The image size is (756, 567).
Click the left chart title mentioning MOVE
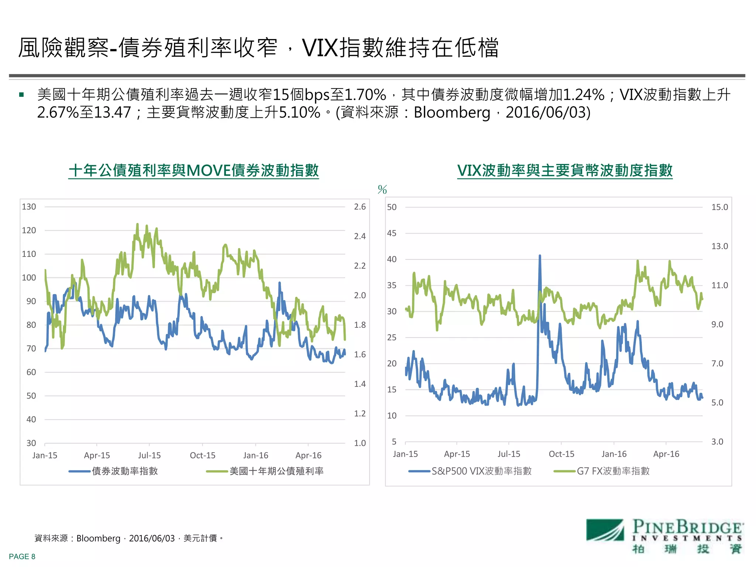coord(193,171)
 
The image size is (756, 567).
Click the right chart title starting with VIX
coord(565,171)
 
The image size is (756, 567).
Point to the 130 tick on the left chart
coord(29,207)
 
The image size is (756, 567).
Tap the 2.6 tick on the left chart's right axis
coord(360,207)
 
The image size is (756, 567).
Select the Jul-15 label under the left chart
coord(149,455)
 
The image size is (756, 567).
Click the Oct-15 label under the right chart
coord(561,454)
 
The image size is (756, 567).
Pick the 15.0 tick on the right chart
coord(719,207)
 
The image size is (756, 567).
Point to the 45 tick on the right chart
coord(392,233)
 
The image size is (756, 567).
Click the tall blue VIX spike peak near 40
coord(540,256)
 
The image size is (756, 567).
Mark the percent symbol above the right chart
coord(382,190)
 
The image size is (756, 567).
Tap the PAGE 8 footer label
coord(22,556)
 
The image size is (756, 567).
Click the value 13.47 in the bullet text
coord(113,113)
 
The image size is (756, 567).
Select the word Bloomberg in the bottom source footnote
coord(98,538)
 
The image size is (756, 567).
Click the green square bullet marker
coord(21,95)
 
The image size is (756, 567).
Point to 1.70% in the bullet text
coord(365,95)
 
